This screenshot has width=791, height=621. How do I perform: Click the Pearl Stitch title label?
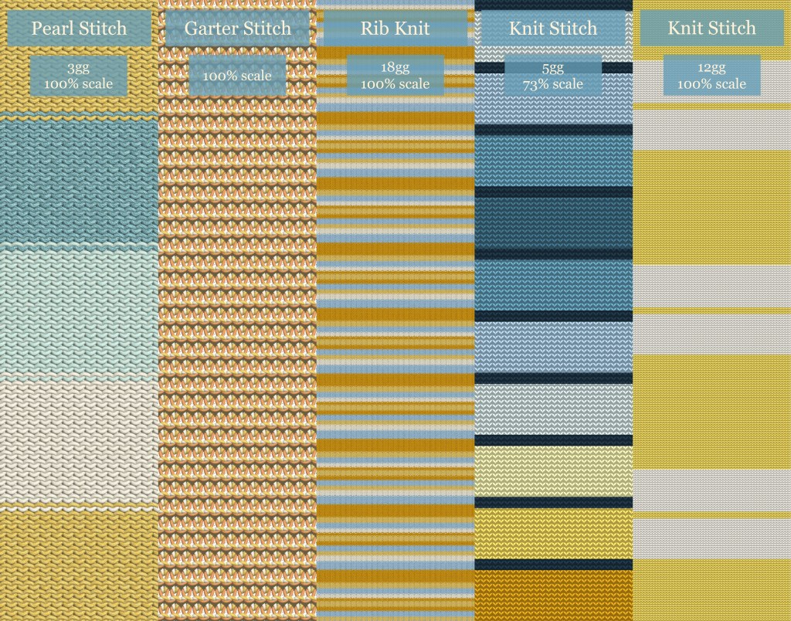[x=79, y=29]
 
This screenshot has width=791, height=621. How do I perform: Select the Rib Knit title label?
[x=395, y=29]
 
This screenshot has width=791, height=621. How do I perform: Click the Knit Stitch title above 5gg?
[x=553, y=29]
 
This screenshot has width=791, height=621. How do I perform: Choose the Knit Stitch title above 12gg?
[x=711, y=29]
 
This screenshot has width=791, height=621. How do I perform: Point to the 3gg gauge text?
[x=78, y=68]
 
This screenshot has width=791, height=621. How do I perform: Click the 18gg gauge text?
[x=395, y=68]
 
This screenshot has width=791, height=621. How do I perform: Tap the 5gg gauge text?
[x=553, y=68]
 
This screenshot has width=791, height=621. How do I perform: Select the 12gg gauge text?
[x=711, y=68]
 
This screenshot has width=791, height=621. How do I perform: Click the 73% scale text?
[x=553, y=84]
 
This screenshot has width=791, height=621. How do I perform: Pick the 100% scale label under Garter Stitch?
[x=237, y=76]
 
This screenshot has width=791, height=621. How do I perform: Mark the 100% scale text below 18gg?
[x=395, y=84]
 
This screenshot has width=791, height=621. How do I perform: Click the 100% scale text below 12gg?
[x=711, y=84]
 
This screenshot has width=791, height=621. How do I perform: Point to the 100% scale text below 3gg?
[x=78, y=84]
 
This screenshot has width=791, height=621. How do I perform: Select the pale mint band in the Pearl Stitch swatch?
[x=79, y=313]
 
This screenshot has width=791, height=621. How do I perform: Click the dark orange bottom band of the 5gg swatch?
[x=553, y=595]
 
